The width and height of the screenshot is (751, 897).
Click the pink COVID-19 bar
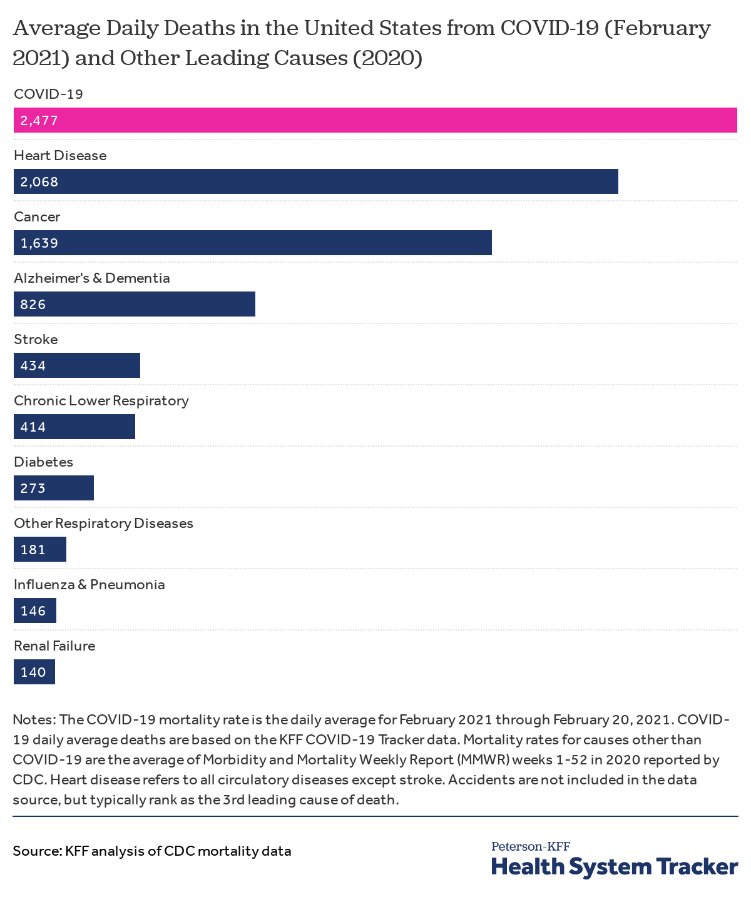(375, 120)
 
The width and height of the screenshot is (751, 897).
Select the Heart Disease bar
(316, 181)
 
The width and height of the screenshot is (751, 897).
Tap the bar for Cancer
(253, 243)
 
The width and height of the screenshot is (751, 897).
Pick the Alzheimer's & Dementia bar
(135, 304)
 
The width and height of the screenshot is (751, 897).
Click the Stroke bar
(77, 365)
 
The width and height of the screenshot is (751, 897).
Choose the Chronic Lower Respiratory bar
(74, 427)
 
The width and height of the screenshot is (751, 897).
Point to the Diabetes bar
(54, 488)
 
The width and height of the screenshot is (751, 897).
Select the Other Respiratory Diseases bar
(40, 549)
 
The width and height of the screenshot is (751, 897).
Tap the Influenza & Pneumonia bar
(35, 611)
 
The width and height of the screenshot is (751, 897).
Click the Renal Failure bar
(34, 672)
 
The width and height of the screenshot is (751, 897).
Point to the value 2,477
(39, 121)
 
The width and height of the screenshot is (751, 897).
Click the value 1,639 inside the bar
(39, 243)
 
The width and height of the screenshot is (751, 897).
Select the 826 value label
(33, 305)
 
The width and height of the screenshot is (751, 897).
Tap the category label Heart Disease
(60, 155)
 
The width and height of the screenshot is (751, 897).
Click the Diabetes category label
(44, 462)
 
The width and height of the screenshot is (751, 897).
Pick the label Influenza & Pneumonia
(89, 584)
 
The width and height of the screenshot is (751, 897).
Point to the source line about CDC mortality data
(152, 851)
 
